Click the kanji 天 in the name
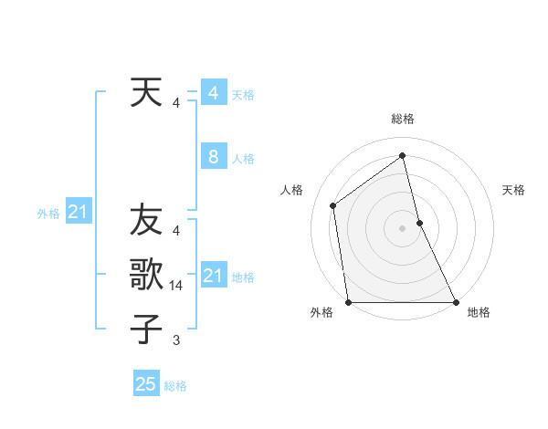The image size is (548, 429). [x=146, y=92]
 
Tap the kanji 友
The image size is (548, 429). [x=146, y=220]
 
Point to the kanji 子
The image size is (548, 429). [x=146, y=328]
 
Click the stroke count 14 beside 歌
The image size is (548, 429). [x=176, y=286]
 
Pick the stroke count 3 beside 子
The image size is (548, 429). [x=176, y=340]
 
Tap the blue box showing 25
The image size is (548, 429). [x=146, y=384]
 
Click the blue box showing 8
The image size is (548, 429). [x=213, y=157]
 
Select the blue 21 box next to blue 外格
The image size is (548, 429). [x=78, y=213]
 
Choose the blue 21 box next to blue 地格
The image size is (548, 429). [x=213, y=276]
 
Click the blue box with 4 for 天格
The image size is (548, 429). [x=213, y=93]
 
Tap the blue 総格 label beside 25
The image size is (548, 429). [x=176, y=386]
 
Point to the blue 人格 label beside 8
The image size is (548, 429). [x=243, y=159]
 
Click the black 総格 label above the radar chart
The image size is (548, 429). [x=403, y=119]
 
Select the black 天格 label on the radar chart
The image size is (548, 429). [x=514, y=190]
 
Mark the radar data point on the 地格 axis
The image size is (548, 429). [x=455, y=301]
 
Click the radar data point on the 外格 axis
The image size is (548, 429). [x=349, y=301]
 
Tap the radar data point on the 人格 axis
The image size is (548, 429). [x=332, y=205]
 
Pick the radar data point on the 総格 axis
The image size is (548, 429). [x=403, y=155]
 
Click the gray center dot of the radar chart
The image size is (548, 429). [x=403, y=228]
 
